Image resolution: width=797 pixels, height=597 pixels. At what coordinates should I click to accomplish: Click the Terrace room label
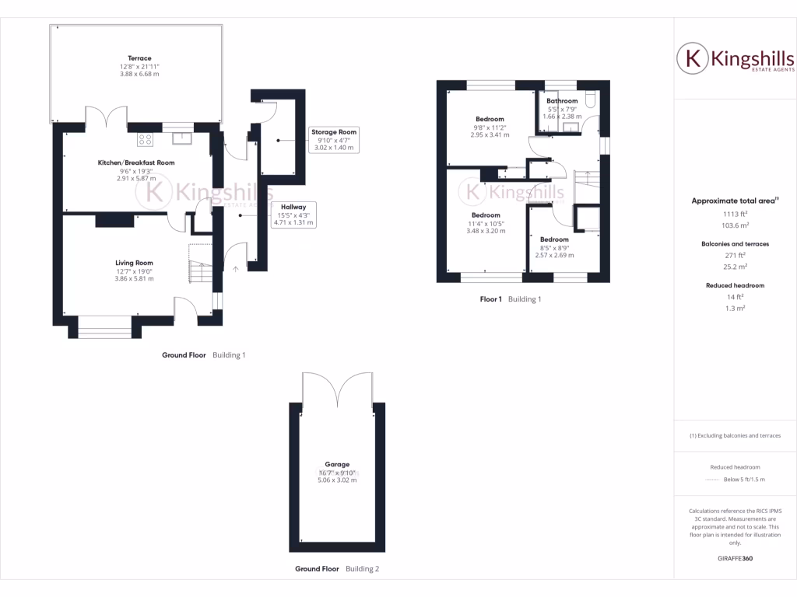click(140, 58)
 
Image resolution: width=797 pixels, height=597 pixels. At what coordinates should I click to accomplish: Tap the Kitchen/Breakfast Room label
click(136, 162)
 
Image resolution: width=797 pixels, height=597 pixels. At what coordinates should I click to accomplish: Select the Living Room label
click(134, 263)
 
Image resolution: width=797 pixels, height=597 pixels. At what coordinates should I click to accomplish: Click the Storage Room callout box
click(334, 140)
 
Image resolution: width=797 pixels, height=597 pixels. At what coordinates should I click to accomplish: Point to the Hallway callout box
click(293, 215)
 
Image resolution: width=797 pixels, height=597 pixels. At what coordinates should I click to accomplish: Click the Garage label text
click(336, 463)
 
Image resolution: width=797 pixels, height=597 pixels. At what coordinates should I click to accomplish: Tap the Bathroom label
click(561, 101)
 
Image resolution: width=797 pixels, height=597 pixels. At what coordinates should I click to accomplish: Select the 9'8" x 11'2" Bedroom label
click(490, 119)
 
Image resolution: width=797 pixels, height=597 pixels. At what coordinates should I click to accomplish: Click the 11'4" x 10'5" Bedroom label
click(486, 215)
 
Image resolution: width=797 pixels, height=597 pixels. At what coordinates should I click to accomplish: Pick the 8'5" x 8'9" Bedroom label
click(555, 239)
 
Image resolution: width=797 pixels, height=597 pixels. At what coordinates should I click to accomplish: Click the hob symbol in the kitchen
click(146, 139)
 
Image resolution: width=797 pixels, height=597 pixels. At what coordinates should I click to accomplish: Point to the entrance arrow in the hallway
click(237, 269)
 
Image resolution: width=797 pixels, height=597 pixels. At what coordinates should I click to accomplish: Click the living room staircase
click(201, 264)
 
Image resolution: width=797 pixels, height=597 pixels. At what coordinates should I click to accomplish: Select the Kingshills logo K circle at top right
click(691, 58)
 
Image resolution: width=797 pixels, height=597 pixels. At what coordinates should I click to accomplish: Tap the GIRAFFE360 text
click(736, 558)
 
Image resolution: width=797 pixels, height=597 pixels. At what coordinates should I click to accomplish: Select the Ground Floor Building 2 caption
click(337, 569)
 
